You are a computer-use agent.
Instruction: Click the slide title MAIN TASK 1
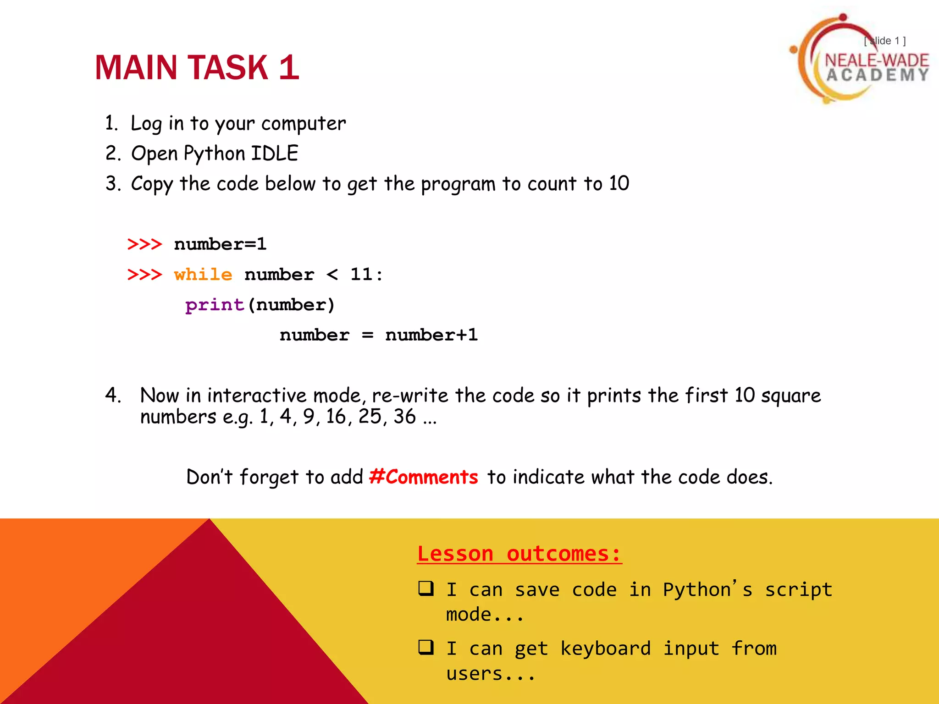click(x=197, y=68)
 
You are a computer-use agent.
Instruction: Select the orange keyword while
click(x=203, y=275)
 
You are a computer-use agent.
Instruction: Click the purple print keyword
click(x=215, y=305)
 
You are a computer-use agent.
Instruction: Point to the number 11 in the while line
click(x=362, y=275)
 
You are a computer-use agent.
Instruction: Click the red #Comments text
click(x=424, y=477)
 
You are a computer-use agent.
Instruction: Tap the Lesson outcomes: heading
click(x=519, y=554)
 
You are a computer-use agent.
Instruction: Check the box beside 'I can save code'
click(x=426, y=588)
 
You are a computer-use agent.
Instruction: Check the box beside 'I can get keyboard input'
click(x=426, y=647)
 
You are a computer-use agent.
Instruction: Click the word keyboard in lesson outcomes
click(x=605, y=649)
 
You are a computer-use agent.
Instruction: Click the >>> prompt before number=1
click(x=145, y=244)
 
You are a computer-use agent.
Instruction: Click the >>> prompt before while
click(x=145, y=275)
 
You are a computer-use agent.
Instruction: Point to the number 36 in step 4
click(x=404, y=417)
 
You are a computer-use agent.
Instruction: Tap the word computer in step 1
click(x=304, y=124)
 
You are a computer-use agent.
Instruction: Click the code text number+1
click(x=431, y=335)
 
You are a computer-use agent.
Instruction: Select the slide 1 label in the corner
click(x=885, y=41)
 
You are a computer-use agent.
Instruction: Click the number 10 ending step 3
click(x=619, y=183)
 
